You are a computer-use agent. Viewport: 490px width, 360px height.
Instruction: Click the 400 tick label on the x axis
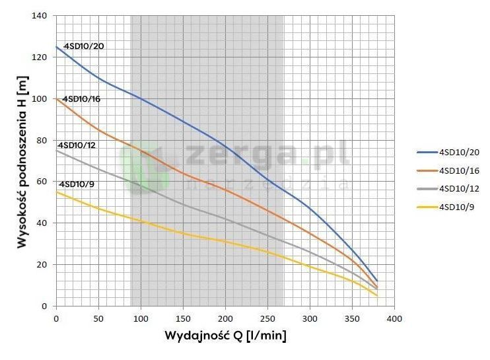[394, 319]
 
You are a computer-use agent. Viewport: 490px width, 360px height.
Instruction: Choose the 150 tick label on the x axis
[183, 319]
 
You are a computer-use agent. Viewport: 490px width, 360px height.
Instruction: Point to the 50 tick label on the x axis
[98, 319]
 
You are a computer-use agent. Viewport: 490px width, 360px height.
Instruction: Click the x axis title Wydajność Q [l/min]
[225, 336]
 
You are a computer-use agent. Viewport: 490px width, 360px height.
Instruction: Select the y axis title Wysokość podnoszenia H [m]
[21, 161]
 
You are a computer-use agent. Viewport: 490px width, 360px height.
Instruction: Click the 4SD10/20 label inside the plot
[84, 46]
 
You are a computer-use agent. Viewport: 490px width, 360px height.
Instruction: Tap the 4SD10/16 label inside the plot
[81, 99]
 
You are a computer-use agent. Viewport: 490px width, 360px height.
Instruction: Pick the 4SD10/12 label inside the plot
[77, 145]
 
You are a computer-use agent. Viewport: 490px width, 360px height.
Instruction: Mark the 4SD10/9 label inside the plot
[77, 184]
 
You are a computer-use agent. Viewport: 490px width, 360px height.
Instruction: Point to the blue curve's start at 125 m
[57, 47]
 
